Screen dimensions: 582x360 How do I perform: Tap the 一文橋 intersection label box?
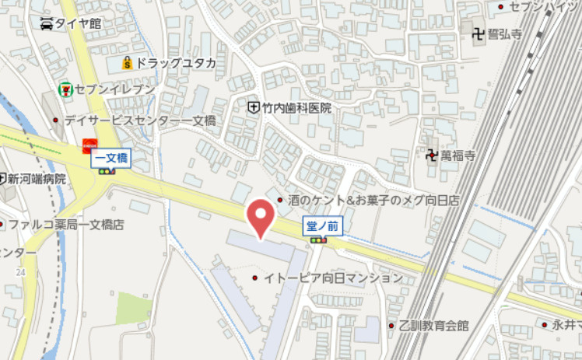tap(111, 159)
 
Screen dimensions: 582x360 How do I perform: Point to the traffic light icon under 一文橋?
tap(107, 172)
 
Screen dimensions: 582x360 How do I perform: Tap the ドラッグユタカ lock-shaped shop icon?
tap(127, 62)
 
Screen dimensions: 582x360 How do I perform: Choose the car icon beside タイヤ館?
tap(47, 23)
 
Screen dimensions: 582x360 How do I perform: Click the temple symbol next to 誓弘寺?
tap(478, 33)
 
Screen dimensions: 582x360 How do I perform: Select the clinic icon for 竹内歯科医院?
tap(253, 108)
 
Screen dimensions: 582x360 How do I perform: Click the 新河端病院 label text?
tap(36, 179)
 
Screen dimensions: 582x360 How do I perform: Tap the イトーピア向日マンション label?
tap(333, 278)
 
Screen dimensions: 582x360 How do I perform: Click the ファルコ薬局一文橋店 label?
tap(66, 225)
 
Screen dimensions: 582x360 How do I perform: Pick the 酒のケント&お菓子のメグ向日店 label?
tap(373, 201)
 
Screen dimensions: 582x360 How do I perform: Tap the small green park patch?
tap(133, 308)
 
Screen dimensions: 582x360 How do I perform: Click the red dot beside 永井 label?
tap(545, 324)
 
